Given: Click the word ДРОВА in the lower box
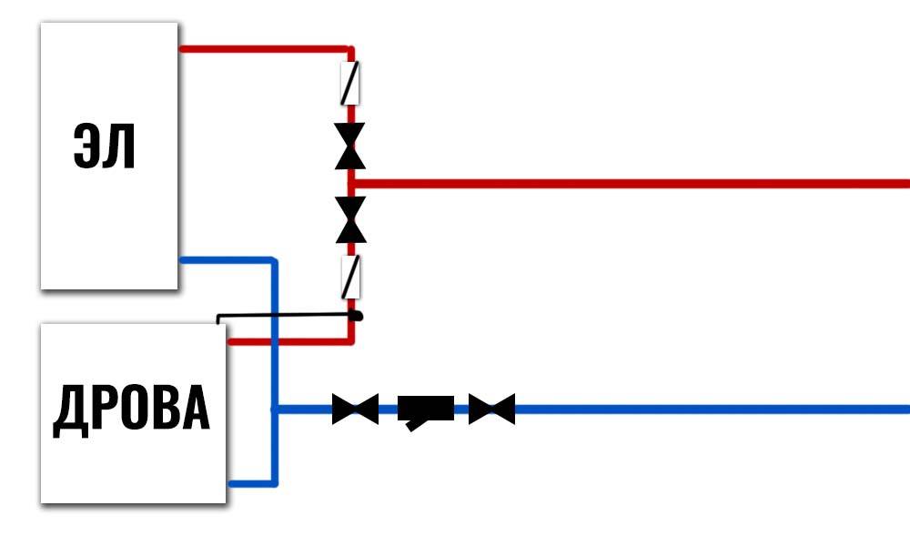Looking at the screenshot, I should tap(132, 409).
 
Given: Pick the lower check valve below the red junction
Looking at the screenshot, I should tap(350, 278).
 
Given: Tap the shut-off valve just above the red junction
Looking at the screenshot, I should tap(350, 146).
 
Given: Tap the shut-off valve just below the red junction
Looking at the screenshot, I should tap(350, 219).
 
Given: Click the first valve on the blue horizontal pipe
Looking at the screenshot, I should tap(355, 409).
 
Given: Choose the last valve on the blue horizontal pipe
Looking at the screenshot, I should tap(491, 409).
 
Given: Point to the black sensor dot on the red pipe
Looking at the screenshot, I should tap(357, 316).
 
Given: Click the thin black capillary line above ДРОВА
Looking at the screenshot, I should tap(282, 316).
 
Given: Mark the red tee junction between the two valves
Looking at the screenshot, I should tap(351, 183).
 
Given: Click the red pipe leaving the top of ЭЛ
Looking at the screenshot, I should tap(264, 48).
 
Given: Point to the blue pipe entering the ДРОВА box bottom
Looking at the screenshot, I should tap(249, 483).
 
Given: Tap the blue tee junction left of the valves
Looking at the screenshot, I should tap(274, 409).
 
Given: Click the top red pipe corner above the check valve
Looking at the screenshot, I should tap(350, 49).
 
